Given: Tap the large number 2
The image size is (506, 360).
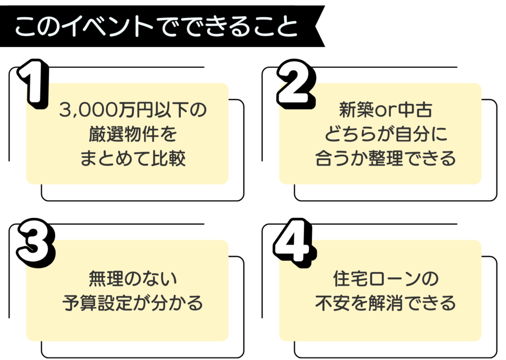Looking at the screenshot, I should [x=295, y=84].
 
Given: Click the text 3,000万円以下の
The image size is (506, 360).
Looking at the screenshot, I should [x=132, y=109].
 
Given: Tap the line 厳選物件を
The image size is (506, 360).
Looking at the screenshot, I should [x=132, y=134].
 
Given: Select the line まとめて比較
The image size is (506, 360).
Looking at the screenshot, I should [x=132, y=159].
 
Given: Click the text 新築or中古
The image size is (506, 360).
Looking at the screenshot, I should [x=385, y=109].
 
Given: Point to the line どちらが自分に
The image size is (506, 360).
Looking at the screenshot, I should [x=385, y=134].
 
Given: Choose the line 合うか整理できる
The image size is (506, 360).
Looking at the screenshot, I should [x=385, y=159].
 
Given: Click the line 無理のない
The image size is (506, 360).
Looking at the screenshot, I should [x=132, y=278].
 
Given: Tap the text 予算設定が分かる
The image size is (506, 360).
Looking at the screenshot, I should [x=132, y=303].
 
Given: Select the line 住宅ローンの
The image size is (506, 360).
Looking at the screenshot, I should [x=385, y=278].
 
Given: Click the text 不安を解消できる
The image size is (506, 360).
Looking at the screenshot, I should [x=385, y=303].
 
